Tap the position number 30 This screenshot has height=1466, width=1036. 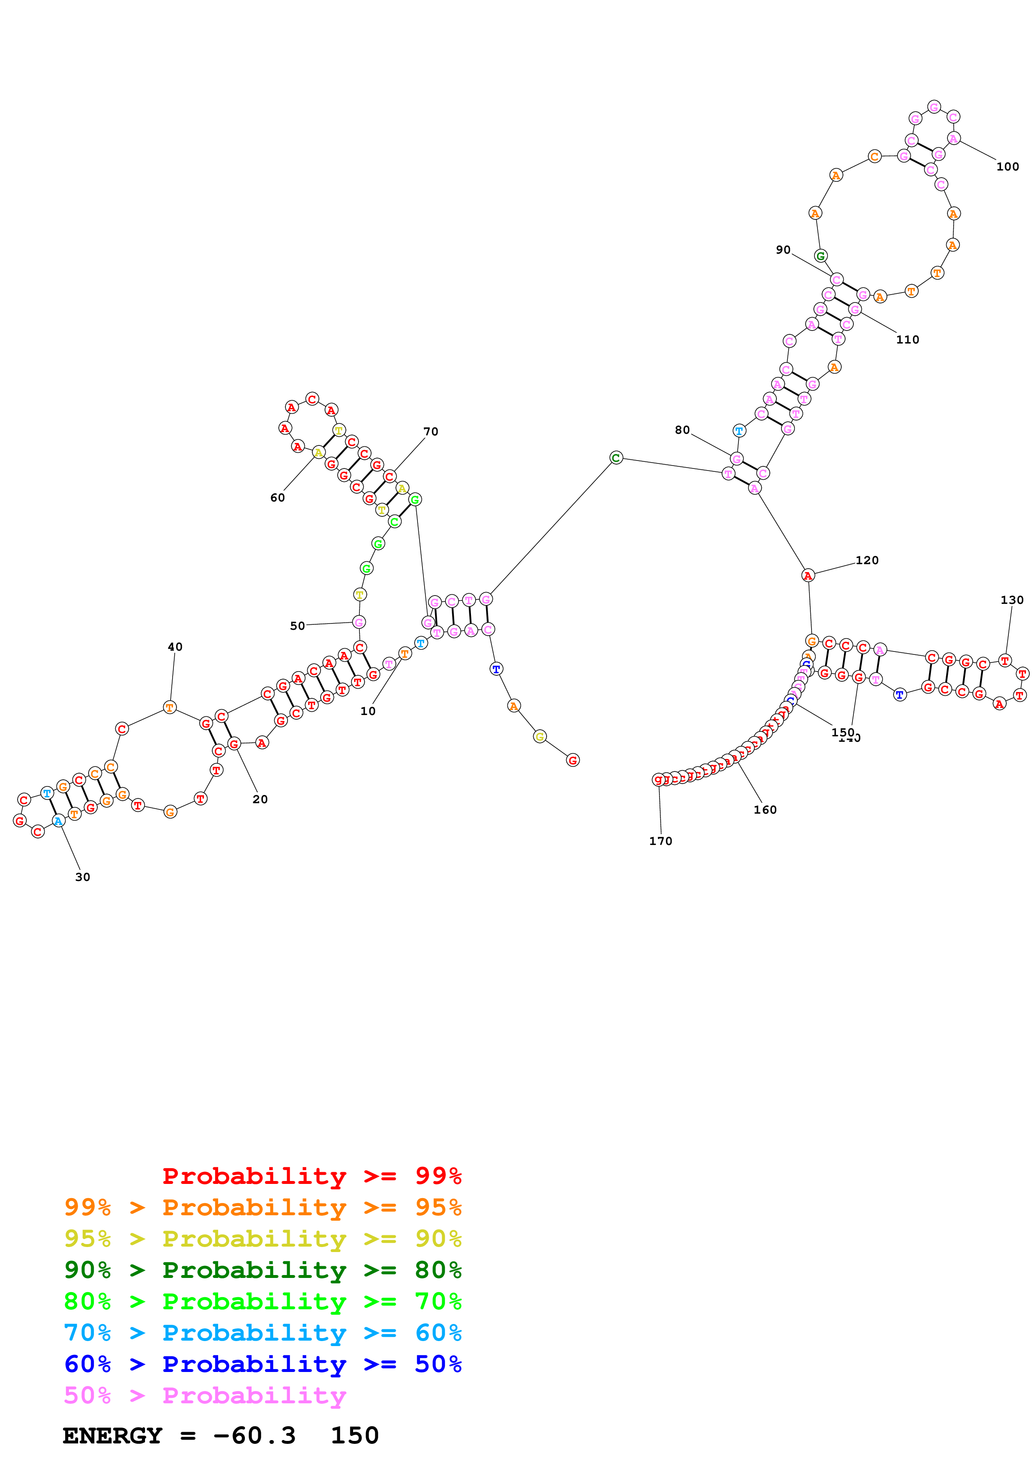click(82, 877)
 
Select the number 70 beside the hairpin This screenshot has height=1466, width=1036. click(431, 432)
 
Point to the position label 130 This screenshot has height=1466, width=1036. click(1012, 600)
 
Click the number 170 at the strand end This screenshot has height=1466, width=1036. click(661, 841)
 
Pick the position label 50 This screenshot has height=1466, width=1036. click(298, 626)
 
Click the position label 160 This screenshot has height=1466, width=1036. click(765, 809)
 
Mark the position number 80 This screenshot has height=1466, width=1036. click(682, 430)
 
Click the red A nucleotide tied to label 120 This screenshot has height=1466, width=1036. click(808, 575)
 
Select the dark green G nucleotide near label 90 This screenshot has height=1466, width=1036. click(820, 256)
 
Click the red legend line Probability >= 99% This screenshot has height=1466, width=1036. click(311, 1176)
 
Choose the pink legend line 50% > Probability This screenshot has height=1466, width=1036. click(204, 1395)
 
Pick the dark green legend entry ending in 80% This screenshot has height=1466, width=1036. click(262, 1269)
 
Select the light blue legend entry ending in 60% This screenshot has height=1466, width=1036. click(262, 1333)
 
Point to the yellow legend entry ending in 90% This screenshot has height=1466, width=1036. click(262, 1238)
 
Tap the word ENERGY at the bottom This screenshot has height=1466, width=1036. click(112, 1435)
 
